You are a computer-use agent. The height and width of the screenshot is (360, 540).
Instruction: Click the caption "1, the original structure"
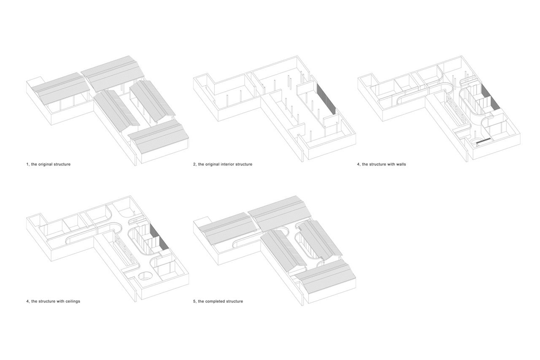pyautogui.click(x=49, y=164)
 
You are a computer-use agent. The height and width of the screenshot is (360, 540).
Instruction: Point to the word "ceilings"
pyautogui.click(x=71, y=301)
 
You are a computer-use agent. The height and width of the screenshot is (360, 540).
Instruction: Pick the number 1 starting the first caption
pyautogui.click(x=27, y=164)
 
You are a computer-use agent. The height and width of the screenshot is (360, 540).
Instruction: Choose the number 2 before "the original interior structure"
pyautogui.click(x=194, y=164)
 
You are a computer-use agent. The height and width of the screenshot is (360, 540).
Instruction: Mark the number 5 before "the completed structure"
pyautogui.click(x=194, y=301)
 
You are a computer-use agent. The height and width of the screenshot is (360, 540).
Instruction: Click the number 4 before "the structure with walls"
pyautogui.click(x=359, y=164)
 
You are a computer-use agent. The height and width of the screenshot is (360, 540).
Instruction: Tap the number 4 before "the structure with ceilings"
pyautogui.click(x=28, y=301)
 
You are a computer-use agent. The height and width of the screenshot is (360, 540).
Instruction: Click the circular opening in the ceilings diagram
pyautogui.click(x=146, y=276)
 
